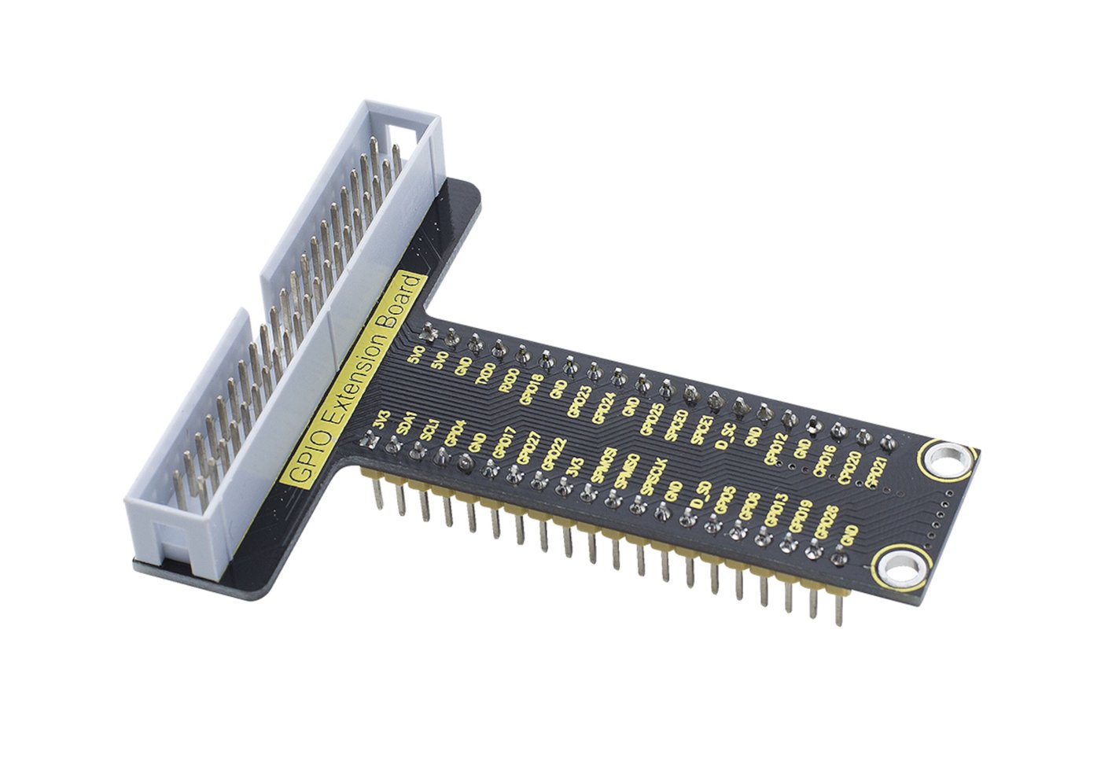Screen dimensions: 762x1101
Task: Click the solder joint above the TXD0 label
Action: click(498, 347)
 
